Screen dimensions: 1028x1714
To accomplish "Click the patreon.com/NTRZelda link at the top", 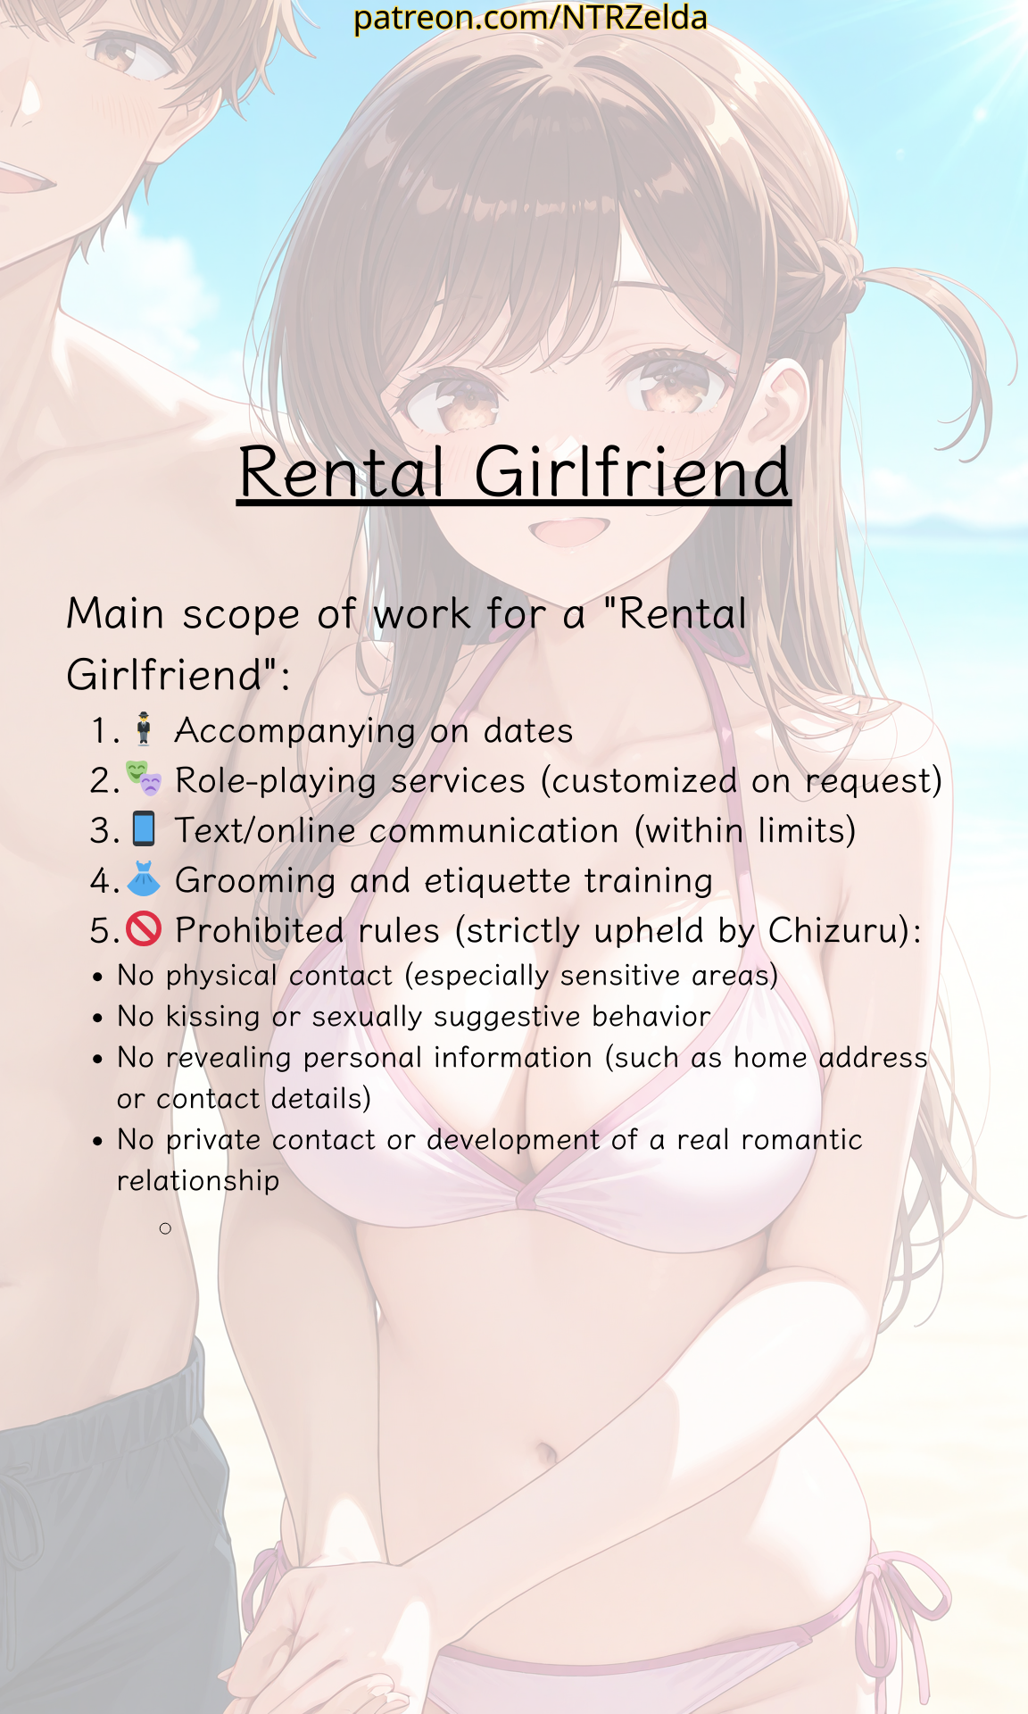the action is coord(530,18).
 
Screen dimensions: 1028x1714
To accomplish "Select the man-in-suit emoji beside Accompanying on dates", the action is coord(144,728).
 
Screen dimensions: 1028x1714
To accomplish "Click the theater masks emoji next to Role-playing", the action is coord(144,778).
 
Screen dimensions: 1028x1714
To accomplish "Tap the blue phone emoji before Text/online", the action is coord(144,828).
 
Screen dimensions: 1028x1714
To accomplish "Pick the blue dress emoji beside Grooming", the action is coord(144,878).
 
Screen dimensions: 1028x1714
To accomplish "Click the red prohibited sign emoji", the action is coord(144,928).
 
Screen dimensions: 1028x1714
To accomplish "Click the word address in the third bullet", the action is coord(874,1058).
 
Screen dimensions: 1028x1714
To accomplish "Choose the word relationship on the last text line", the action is coord(198,1181).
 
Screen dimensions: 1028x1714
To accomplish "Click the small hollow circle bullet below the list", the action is coord(165,1228).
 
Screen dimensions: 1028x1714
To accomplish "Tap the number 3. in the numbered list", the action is coord(104,831).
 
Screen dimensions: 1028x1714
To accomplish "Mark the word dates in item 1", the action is coord(528,731).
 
